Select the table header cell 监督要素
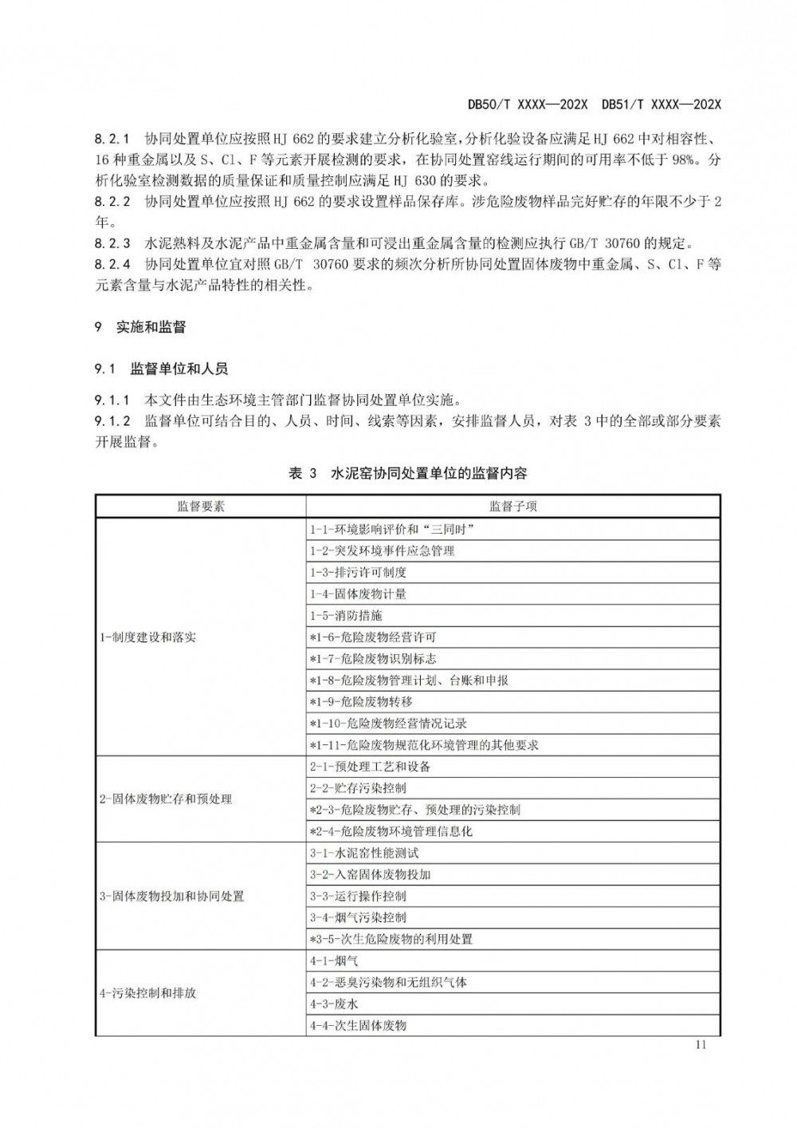point(201,507)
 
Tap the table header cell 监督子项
point(512,507)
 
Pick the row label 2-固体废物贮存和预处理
point(166,799)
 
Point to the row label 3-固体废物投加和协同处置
point(172,896)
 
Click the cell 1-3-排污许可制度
point(358,572)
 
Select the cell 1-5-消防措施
point(346,615)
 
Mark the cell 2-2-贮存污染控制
point(358,788)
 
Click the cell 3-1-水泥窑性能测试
point(364,853)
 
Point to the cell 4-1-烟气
point(334,960)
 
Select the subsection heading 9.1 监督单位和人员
point(161,369)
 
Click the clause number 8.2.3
point(112,243)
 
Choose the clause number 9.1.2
point(112,421)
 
